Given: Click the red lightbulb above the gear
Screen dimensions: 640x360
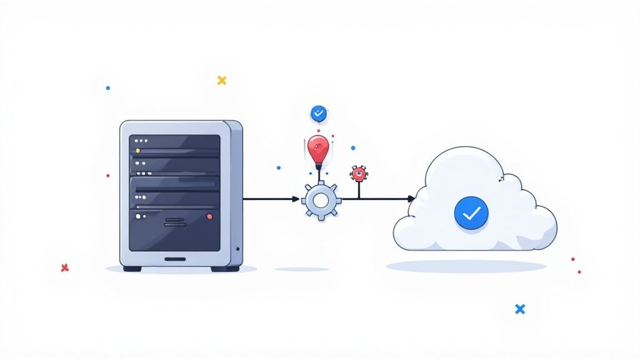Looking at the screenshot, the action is pyautogui.click(x=317, y=149).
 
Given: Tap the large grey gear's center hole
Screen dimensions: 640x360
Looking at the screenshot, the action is pyautogui.click(x=321, y=200).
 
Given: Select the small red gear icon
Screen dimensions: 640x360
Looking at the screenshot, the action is pyautogui.click(x=358, y=173).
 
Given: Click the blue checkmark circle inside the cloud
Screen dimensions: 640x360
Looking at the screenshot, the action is pyautogui.click(x=471, y=212).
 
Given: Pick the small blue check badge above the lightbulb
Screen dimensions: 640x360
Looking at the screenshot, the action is pyautogui.click(x=319, y=113).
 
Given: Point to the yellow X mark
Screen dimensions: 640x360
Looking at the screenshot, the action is pyautogui.click(x=221, y=80).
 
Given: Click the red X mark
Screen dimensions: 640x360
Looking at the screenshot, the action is pyautogui.click(x=64, y=267).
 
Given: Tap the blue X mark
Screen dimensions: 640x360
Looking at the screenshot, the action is pyautogui.click(x=519, y=309).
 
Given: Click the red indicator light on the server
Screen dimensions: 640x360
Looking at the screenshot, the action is pyautogui.click(x=209, y=216).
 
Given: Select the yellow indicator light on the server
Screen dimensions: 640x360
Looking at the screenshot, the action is pyautogui.click(x=138, y=151).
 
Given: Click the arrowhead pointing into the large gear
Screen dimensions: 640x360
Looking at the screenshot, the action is pyautogui.click(x=296, y=199).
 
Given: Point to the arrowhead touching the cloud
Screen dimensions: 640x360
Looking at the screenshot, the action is pyautogui.click(x=411, y=199).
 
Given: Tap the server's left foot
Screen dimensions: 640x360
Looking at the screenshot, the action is pyautogui.click(x=132, y=269).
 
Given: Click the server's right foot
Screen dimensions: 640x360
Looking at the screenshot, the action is pyautogui.click(x=225, y=269).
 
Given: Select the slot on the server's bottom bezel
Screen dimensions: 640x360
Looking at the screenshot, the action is pyautogui.click(x=175, y=259).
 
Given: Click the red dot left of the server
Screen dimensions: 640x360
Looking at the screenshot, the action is pyautogui.click(x=107, y=176).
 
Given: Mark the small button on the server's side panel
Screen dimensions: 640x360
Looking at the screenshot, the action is pyautogui.click(x=238, y=249).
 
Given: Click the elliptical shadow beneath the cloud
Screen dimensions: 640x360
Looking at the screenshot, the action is pyautogui.click(x=466, y=266).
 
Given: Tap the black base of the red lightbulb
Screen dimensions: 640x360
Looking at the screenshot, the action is pyautogui.click(x=319, y=167).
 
